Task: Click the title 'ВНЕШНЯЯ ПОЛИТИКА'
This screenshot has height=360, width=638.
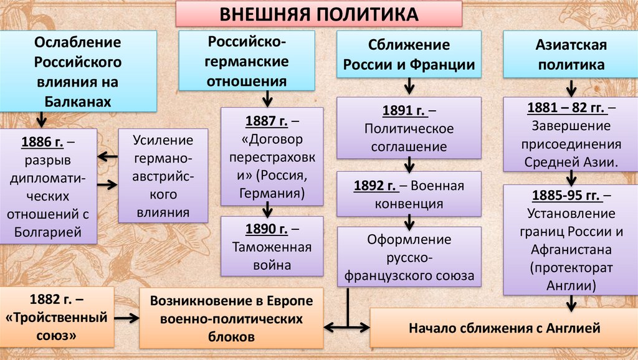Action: (318, 14)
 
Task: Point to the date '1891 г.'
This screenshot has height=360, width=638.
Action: (402, 111)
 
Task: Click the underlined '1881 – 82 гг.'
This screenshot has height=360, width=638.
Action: (566, 107)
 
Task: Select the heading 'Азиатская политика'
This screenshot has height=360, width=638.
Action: (570, 55)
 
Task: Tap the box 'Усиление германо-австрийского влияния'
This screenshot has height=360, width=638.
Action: (164, 176)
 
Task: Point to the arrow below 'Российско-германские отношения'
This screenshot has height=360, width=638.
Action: (267, 98)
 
